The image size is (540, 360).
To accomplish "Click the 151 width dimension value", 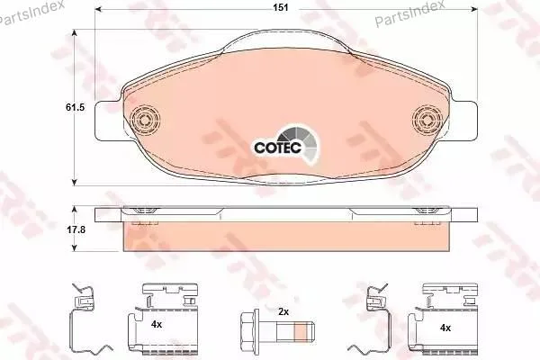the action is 281,7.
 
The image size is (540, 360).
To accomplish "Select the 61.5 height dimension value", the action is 75,107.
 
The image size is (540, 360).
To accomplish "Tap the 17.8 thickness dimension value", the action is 76,229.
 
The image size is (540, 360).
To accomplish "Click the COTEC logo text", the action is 277,148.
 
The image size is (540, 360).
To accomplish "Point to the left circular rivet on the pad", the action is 146,120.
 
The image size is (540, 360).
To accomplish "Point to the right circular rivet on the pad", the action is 427,120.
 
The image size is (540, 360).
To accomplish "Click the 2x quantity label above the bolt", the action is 283,312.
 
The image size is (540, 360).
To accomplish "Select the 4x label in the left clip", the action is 157,324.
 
